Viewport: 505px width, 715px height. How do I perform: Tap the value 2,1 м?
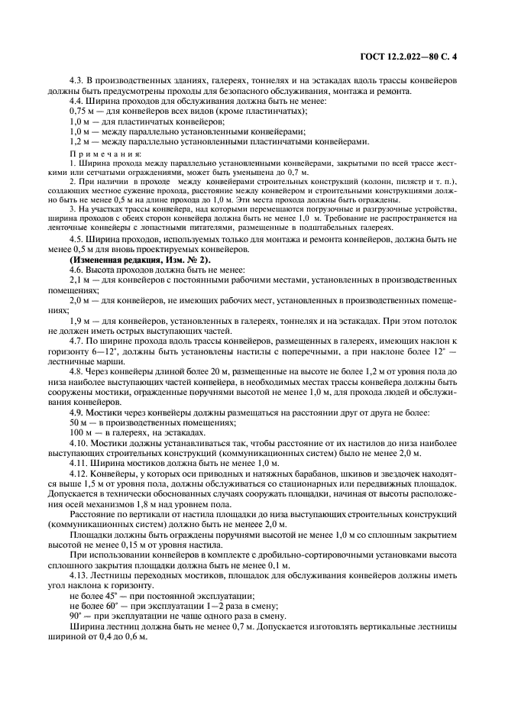pos(79,282)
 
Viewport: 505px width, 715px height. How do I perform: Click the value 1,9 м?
pos(79,322)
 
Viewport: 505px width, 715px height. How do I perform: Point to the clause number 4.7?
pos(77,341)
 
